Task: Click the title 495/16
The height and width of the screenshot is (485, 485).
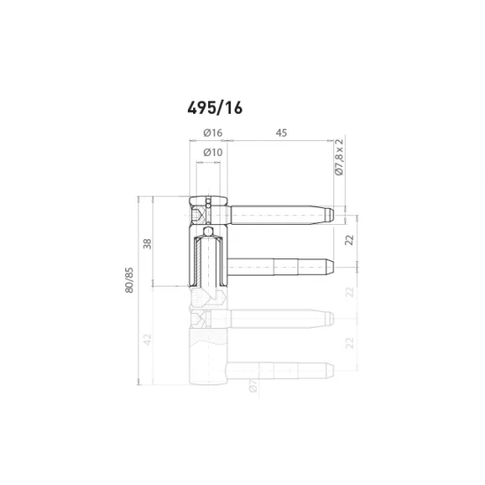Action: (214, 108)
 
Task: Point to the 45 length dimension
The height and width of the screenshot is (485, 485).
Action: (281, 132)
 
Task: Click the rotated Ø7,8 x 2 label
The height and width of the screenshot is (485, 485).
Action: (339, 160)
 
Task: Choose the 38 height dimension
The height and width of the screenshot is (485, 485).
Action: (147, 243)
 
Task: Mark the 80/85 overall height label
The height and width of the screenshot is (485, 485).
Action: (130, 280)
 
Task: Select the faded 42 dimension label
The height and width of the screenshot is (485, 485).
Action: (147, 338)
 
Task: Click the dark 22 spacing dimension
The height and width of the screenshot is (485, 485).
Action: (349, 240)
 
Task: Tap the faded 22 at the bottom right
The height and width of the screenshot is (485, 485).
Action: (349, 342)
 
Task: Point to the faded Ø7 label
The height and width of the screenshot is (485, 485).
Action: (252, 384)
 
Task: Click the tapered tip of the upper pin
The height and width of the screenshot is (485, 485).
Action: (330, 214)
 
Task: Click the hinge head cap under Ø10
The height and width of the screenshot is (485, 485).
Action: (208, 198)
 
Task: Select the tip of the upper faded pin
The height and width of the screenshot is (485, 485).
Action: (329, 317)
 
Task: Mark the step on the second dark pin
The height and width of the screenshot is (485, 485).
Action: (274, 265)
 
